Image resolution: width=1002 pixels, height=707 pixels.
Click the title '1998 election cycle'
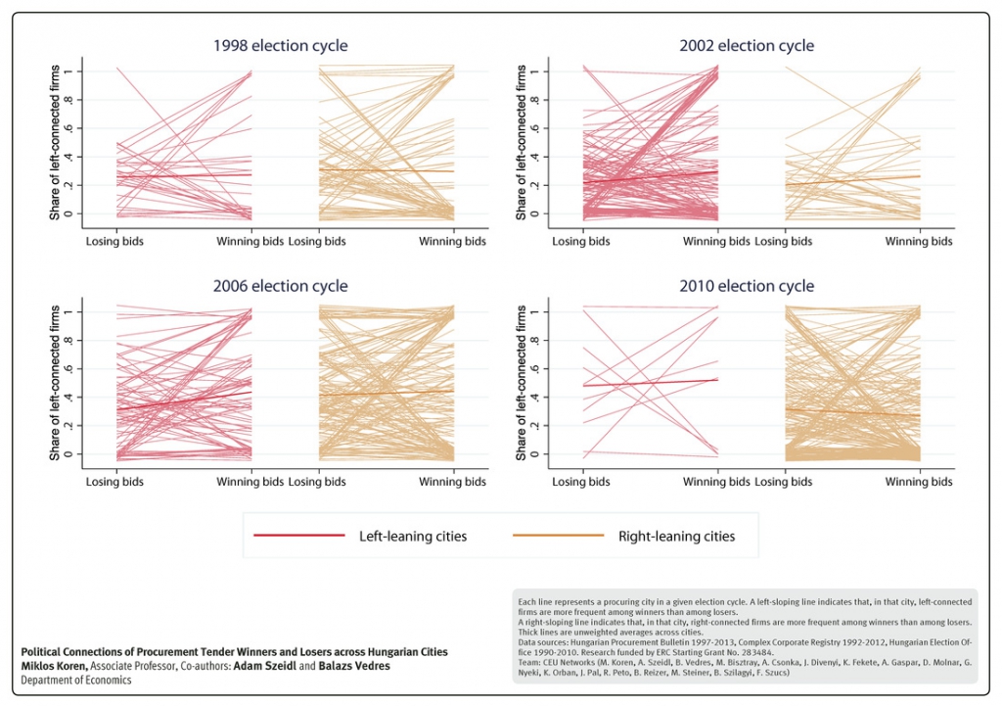pyautogui.click(x=281, y=46)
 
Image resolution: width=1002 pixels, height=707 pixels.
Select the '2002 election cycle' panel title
pyautogui.click(x=747, y=46)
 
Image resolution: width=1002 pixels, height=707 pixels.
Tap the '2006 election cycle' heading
pyautogui.click(x=281, y=287)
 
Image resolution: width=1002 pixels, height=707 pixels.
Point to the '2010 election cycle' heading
pyautogui.click(x=747, y=287)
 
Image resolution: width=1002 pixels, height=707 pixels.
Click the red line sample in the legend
pyautogui.click(x=298, y=536)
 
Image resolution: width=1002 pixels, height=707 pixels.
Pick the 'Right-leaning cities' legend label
pyautogui.click(x=676, y=536)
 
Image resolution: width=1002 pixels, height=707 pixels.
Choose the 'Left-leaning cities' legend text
pyautogui.click(x=414, y=536)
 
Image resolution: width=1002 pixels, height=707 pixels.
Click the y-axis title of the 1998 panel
pyautogui.click(x=57, y=144)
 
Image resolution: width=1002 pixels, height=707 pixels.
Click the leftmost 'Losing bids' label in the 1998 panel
pyautogui.click(x=114, y=241)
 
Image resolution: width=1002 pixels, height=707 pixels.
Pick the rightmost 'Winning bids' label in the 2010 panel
pyautogui.click(x=920, y=482)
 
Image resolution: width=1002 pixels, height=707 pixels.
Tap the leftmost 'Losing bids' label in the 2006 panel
pyautogui.click(x=114, y=482)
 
